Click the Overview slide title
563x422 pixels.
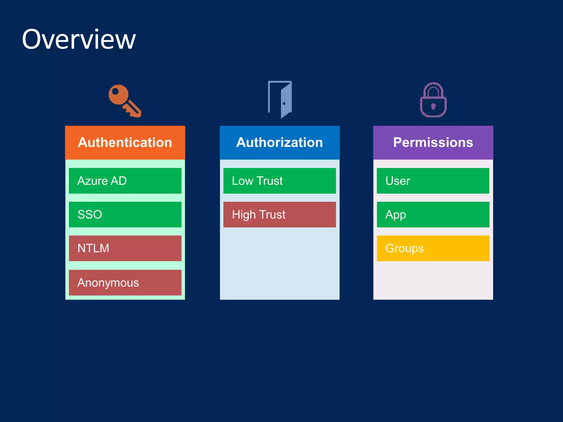(79, 39)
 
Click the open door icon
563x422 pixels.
(280, 99)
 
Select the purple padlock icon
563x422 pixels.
(433, 100)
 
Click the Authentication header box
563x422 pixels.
(125, 143)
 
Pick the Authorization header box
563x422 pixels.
(280, 143)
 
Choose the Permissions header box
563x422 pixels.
(433, 143)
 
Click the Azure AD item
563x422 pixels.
(125, 181)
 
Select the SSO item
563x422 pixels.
(125, 215)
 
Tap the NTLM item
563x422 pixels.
(125, 248)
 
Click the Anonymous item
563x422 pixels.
(125, 283)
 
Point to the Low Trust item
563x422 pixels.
(280, 181)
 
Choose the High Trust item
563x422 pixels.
(280, 215)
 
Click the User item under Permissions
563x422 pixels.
(433, 181)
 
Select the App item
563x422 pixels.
(433, 215)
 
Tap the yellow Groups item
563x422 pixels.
(433, 248)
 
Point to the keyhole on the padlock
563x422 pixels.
(434, 106)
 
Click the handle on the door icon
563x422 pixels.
(284, 104)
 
